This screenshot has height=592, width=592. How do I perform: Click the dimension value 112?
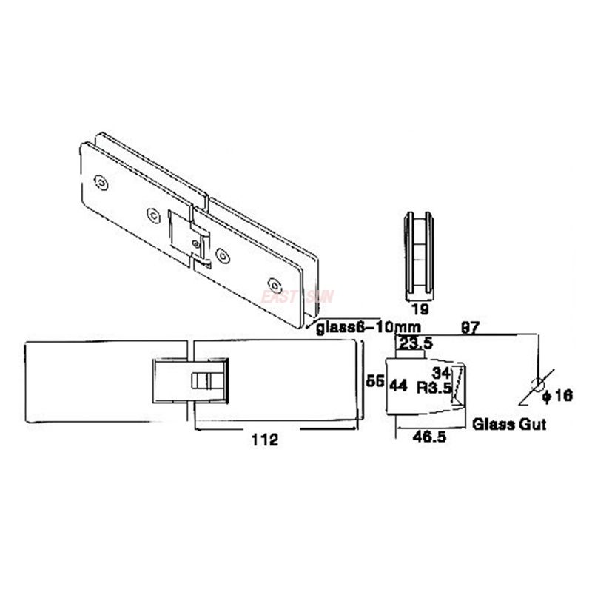pos(264,440)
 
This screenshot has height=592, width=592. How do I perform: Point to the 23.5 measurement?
pos(415,343)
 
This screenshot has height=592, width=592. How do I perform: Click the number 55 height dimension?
pos(375,380)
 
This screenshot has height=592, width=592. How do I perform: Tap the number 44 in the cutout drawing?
pos(399,386)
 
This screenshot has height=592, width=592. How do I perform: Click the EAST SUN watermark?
pos(297,297)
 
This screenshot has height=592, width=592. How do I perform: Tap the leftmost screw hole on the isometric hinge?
pos(102,182)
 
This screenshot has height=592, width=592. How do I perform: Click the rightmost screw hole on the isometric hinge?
pos(275,284)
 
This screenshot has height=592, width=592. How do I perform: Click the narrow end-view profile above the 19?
pos(419,255)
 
